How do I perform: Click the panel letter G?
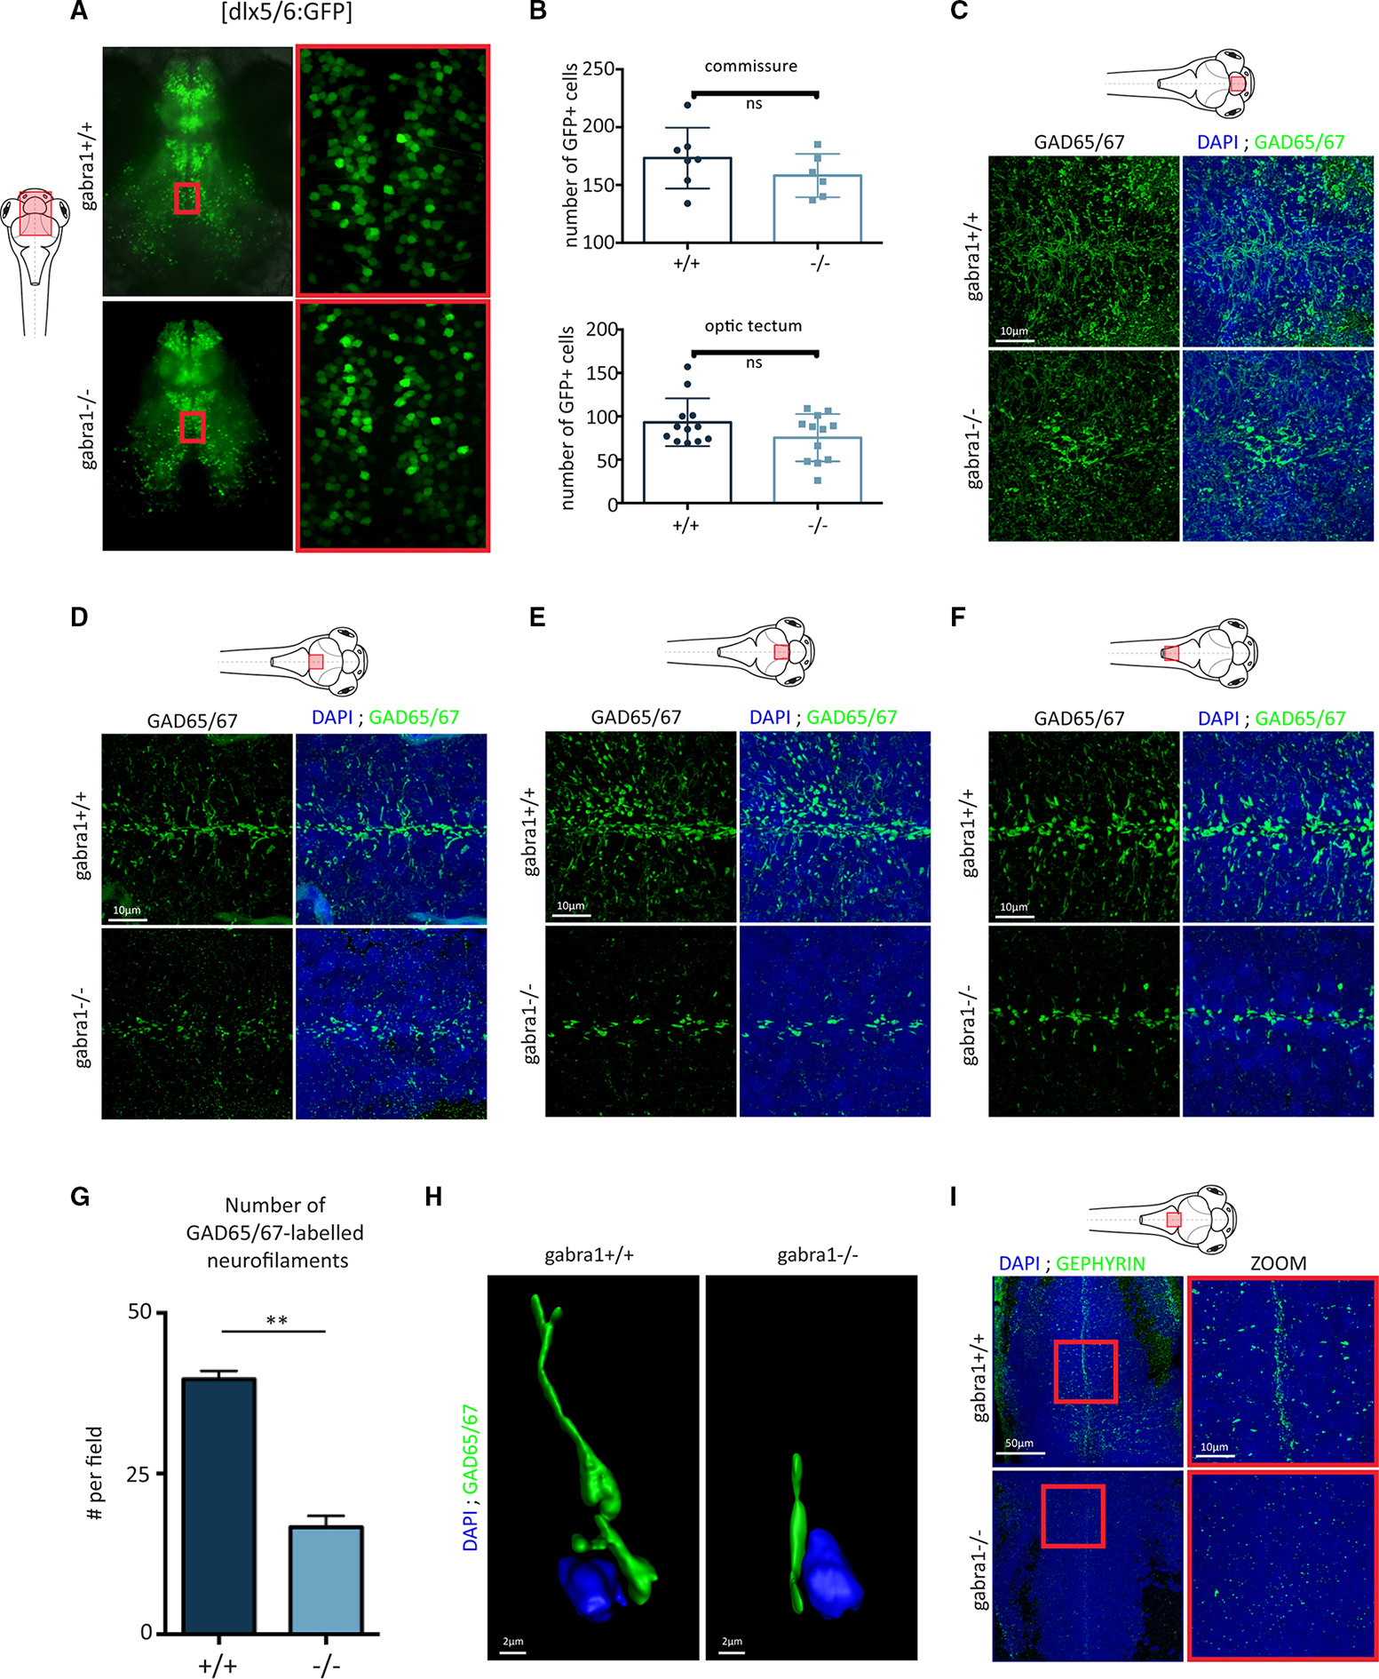pyautogui.click(x=80, y=1197)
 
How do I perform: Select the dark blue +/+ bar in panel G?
pyautogui.click(x=218, y=1506)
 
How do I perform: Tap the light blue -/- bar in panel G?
pyautogui.click(x=326, y=1580)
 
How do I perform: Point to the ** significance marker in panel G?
pyautogui.click(x=276, y=1320)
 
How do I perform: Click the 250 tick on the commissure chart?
pyautogui.click(x=599, y=69)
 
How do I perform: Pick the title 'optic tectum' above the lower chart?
pyautogui.click(x=753, y=326)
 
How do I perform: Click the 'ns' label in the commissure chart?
pyautogui.click(x=754, y=104)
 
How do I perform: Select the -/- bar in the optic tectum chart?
pyautogui.click(x=817, y=471)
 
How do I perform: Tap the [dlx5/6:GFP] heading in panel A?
pyautogui.click(x=287, y=13)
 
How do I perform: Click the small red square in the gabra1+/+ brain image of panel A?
pyautogui.click(x=186, y=198)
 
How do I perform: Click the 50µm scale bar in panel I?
pyautogui.click(x=1020, y=1452)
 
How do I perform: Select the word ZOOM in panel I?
pyautogui.click(x=1278, y=1262)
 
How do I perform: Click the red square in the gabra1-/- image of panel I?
pyautogui.click(x=1073, y=1516)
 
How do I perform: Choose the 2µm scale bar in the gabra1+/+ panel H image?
pyautogui.click(x=511, y=1652)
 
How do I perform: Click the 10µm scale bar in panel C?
pyautogui.click(x=1017, y=339)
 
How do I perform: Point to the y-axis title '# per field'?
pyautogui.click(x=95, y=1472)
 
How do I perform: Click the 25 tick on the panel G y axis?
pyautogui.click(x=139, y=1474)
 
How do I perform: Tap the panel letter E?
pyautogui.click(x=537, y=617)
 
